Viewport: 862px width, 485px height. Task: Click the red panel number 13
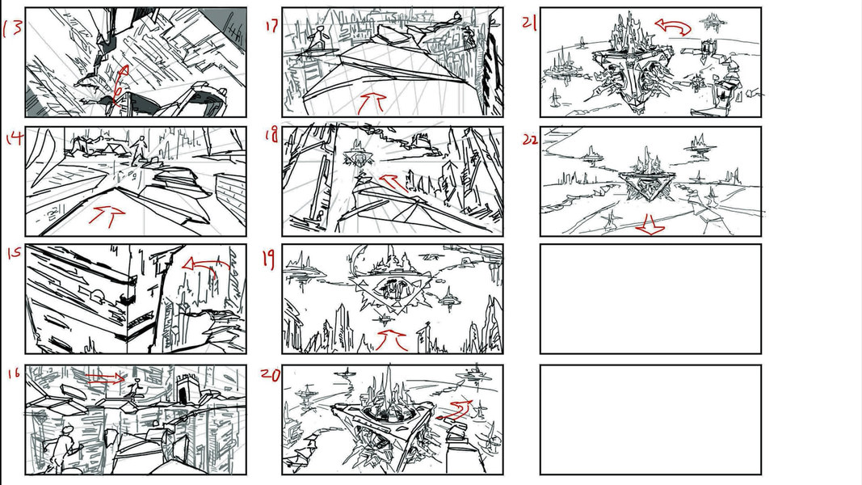pos(13,28)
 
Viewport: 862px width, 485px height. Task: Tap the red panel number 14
pos(15,137)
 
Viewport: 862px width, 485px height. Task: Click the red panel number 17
pos(271,25)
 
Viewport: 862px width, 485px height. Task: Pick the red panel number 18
pos(271,135)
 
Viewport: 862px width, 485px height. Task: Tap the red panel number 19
pos(268,259)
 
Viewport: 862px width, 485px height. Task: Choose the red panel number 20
pos(270,374)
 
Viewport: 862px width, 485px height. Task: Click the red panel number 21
pos(529,23)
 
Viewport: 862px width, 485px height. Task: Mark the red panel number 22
pos(530,140)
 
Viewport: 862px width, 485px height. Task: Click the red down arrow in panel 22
pos(650,225)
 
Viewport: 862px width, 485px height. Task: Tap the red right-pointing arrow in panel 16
pos(106,377)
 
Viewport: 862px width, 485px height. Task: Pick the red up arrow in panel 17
pos(372,103)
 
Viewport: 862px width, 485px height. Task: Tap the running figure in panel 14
pos(139,150)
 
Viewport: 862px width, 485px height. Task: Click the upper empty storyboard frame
pos(650,299)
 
